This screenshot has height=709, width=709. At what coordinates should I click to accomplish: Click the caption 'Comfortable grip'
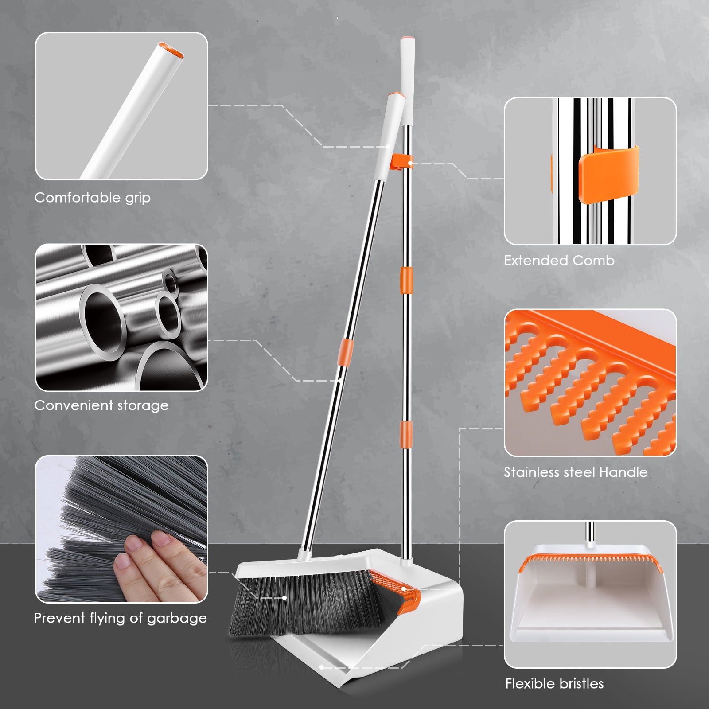pos(93,198)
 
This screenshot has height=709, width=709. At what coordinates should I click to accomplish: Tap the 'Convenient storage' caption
pos(101,405)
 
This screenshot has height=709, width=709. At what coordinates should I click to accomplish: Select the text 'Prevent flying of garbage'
pos(121,618)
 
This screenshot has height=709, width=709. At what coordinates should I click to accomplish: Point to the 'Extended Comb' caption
pos(559,260)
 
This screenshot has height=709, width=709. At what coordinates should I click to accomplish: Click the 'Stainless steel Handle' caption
pos(576,472)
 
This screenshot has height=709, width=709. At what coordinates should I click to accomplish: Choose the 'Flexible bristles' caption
pos(554,683)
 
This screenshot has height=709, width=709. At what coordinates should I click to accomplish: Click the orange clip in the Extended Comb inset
pos(608,174)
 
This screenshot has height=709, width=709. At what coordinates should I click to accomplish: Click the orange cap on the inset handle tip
pos(171,50)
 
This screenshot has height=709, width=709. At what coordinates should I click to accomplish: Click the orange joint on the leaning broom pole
pos(345,353)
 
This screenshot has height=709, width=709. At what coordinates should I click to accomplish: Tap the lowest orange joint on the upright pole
pos(405,435)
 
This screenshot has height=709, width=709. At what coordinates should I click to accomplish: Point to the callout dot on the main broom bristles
pos(284,598)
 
